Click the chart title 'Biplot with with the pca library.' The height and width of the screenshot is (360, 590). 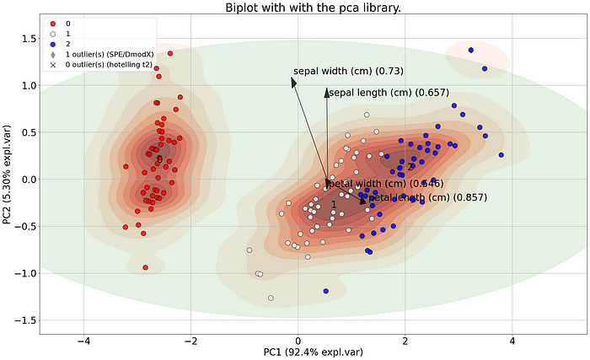314,8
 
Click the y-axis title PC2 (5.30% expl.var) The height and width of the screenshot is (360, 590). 8,180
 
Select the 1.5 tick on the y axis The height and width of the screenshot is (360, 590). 25,39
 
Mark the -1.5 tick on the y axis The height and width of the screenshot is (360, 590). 24,320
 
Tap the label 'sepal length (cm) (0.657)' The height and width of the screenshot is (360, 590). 389,92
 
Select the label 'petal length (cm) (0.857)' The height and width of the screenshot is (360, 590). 426,197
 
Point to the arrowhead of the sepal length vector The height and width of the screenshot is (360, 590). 327,92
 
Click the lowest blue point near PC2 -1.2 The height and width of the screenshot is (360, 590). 325,291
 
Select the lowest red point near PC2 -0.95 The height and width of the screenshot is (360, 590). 146,267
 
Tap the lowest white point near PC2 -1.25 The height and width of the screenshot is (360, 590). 271,298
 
